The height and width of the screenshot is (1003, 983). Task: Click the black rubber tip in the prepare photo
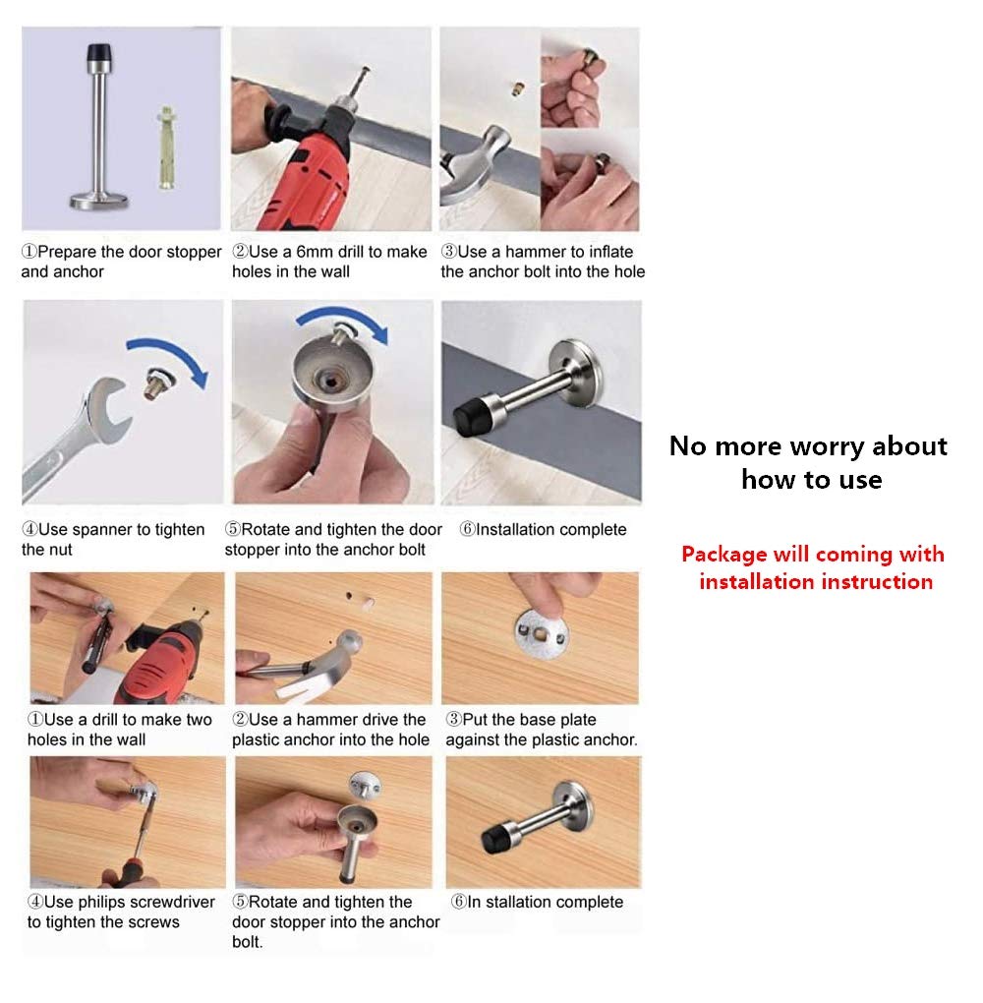pos(98,52)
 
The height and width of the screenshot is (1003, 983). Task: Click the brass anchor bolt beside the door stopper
pos(166,147)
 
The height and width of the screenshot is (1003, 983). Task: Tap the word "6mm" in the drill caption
pos(315,252)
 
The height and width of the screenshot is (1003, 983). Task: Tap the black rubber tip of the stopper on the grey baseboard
pos(470,420)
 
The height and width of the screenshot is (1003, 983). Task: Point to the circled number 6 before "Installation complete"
pos(468,530)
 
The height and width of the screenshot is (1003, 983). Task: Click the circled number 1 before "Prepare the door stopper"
pos(29,252)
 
